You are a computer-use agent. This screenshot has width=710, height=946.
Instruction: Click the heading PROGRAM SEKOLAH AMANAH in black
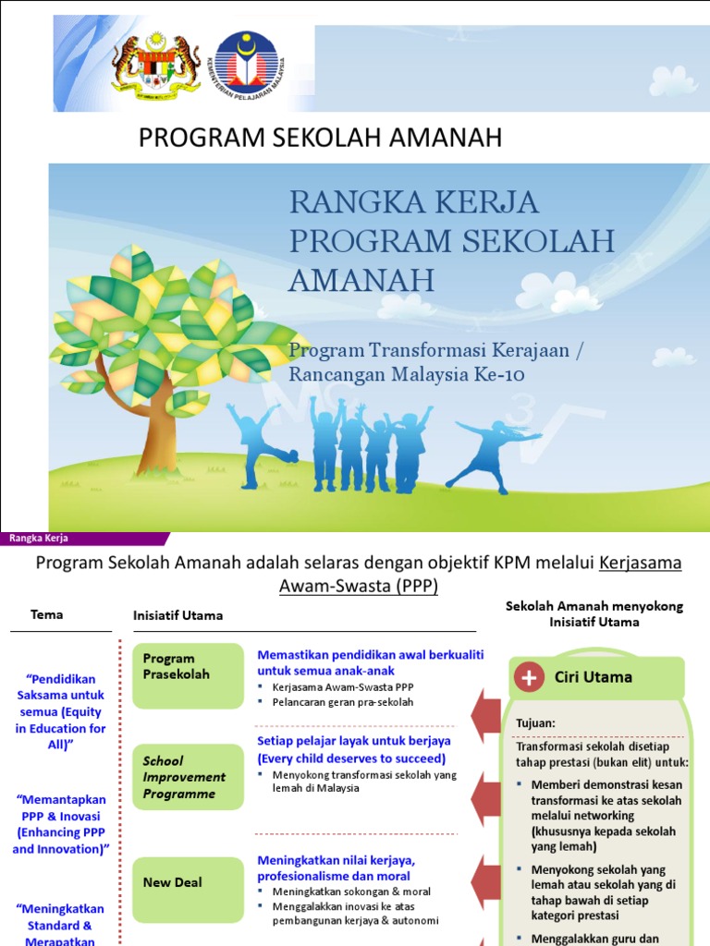click(x=320, y=139)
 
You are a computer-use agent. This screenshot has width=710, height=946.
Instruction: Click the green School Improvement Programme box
click(x=188, y=777)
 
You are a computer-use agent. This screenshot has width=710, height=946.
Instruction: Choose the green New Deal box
click(x=188, y=882)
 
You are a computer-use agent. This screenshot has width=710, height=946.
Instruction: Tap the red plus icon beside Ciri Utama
click(x=530, y=677)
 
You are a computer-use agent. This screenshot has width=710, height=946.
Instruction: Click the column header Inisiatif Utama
click(x=178, y=615)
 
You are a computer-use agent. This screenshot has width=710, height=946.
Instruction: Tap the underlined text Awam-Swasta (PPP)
click(x=359, y=587)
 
